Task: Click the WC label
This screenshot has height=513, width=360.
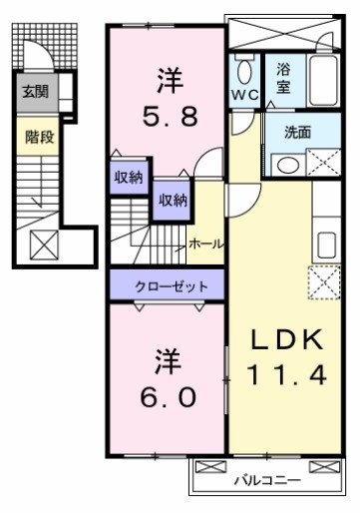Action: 244,96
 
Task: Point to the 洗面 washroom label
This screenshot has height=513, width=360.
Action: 297,131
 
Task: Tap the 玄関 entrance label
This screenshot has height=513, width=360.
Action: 35,93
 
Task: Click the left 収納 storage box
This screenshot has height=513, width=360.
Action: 128,178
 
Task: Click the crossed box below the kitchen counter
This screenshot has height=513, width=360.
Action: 324,283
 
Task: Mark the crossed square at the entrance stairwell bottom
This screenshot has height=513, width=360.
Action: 43,243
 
